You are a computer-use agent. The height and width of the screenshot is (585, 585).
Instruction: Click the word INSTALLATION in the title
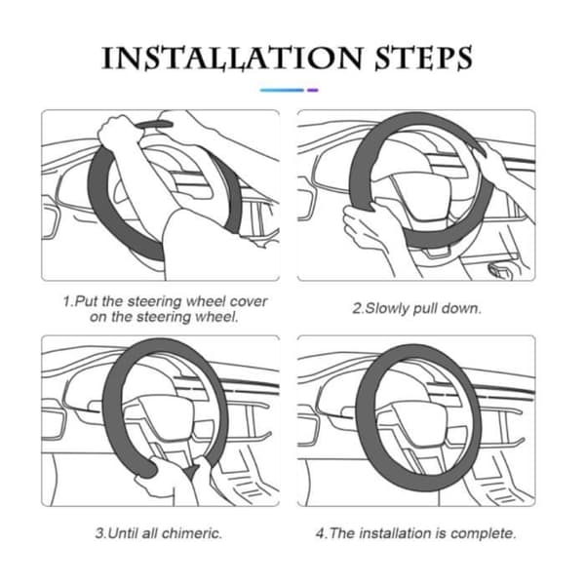point(232,58)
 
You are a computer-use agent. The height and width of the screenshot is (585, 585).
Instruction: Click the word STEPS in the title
point(423,58)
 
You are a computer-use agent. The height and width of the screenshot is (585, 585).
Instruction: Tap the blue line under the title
point(282,90)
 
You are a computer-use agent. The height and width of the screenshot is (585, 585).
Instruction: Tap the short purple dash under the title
point(313,90)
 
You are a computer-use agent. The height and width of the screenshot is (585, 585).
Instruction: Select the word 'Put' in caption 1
point(87,301)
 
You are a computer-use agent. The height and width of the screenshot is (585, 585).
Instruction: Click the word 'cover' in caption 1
point(248,301)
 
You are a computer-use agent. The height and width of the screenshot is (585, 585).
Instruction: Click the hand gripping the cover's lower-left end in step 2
point(368,227)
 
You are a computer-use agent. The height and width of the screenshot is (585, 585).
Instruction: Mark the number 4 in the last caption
point(320,533)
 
